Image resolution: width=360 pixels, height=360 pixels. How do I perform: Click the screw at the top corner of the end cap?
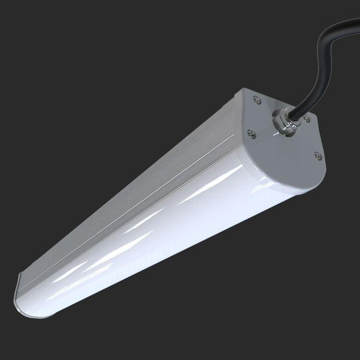click(258, 100)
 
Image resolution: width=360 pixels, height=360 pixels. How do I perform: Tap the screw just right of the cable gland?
click(307, 120)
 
